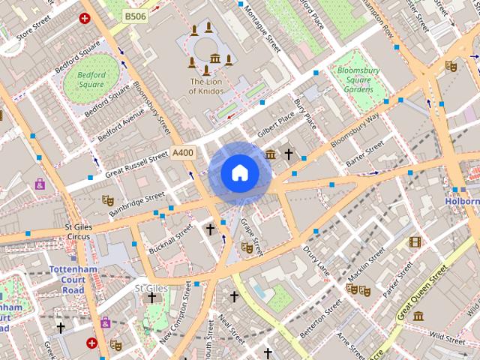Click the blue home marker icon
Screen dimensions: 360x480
tap(239, 172)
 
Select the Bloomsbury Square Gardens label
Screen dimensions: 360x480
tap(355, 80)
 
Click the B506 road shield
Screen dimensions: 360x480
tap(136, 16)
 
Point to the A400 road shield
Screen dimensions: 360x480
tap(182, 153)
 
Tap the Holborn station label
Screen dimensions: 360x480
tap(463, 201)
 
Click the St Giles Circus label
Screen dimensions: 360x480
tap(77, 231)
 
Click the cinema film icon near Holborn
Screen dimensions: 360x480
tap(415, 241)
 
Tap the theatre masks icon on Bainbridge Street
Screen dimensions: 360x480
tap(107, 200)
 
